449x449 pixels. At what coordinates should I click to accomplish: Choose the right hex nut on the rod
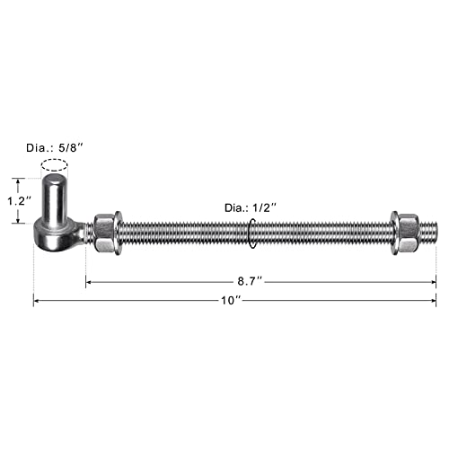click(x=404, y=233)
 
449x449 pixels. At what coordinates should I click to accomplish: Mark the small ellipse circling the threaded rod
click(x=252, y=233)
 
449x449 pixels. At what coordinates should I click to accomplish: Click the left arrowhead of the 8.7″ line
click(x=89, y=282)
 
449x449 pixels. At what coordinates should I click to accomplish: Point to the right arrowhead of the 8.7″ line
click(x=434, y=282)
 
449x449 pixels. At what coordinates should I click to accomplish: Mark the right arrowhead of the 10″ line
click(x=434, y=301)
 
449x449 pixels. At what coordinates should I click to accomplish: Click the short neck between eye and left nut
click(x=87, y=233)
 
